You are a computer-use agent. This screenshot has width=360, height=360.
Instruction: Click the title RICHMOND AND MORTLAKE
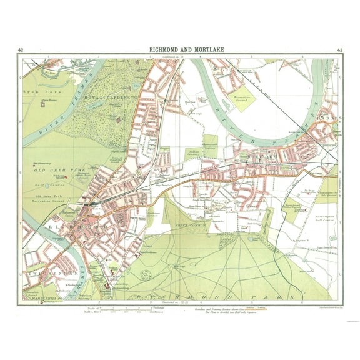point(180,50)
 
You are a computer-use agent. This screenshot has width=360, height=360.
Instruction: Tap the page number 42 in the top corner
point(21,50)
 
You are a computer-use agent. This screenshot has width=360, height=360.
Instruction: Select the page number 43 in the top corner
point(339,50)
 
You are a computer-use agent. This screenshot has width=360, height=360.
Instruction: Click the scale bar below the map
point(125,309)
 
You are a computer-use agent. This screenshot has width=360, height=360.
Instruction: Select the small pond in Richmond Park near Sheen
point(251,238)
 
